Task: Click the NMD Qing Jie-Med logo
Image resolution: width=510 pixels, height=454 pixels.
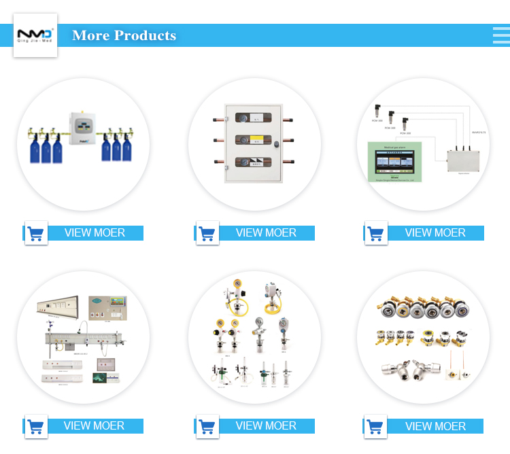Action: [x=35, y=35]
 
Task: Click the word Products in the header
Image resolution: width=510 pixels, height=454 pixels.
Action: [x=145, y=35]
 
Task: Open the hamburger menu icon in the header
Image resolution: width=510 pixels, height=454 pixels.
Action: [x=501, y=35]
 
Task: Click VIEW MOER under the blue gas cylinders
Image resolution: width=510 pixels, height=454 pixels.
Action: [x=95, y=232]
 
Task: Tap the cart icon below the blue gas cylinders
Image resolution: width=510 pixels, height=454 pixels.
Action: [x=36, y=233]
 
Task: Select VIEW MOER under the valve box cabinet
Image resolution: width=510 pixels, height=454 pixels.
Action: [x=266, y=232]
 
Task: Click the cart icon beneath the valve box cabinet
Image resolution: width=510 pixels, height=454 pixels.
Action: [x=207, y=233]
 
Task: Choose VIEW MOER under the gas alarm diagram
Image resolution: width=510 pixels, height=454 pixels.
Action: [x=435, y=232]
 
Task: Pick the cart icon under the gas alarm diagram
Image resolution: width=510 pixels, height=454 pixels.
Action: [x=375, y=233]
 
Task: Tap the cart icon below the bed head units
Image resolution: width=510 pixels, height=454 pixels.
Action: [x=36, y=426]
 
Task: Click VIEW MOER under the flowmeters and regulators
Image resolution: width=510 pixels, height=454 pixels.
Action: [x=266, y=425]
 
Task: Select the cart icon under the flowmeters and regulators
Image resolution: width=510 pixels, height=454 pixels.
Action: [x=207, y=426]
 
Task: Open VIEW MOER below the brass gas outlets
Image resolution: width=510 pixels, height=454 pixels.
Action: [x=435, y=426]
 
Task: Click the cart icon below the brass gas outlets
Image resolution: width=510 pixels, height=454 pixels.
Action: [x=375, y=426]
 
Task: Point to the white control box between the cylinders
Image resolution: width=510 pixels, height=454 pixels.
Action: [x=84, y=127]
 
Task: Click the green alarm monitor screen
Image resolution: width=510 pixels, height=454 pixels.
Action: [x=394, y=162]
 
